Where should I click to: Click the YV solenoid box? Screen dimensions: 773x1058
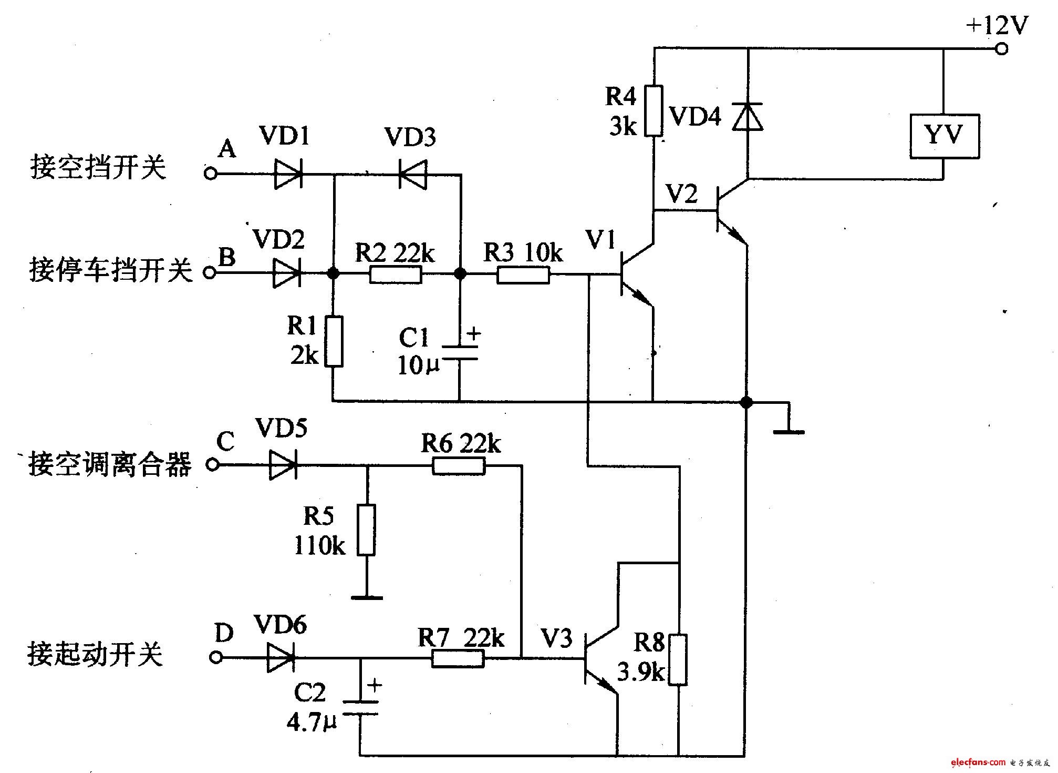[945, 137]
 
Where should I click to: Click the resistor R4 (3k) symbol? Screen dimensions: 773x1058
[654, 110]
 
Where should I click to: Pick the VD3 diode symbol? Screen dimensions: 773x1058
[413, 174]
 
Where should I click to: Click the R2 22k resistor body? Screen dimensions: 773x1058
[395, 274]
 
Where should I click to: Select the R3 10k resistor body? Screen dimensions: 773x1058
[523, 274]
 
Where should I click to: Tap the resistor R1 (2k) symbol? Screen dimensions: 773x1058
[334, 341]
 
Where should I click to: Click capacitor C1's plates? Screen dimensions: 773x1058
[460, 352]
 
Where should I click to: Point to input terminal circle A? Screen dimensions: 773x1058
[211, 174]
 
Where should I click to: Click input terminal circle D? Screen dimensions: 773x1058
[216, 657]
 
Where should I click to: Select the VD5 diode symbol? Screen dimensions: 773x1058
[283, 465]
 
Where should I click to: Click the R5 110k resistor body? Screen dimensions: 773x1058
[367, 530]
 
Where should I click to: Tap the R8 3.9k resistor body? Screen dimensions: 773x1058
[678, 659]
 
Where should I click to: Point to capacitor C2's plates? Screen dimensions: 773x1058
[360, 707]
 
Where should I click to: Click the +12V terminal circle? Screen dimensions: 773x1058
[1002, 49]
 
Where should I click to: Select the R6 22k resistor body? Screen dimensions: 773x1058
[459, 466]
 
